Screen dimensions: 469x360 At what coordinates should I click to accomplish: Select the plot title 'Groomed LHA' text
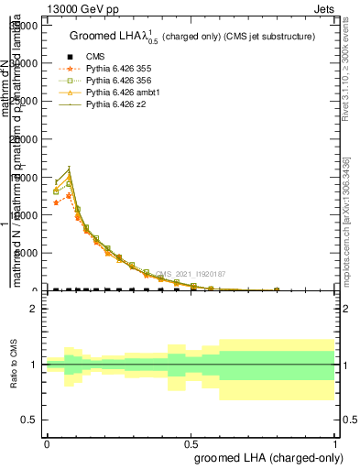tap(104, 37)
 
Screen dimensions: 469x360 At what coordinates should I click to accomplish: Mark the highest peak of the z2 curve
tap(69, 169)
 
